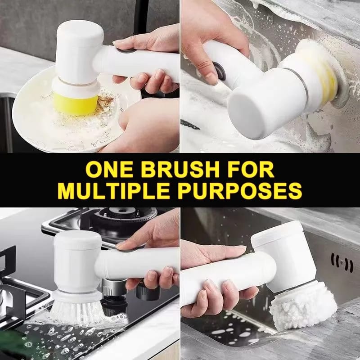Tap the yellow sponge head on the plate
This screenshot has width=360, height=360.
(x=75, y=104)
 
